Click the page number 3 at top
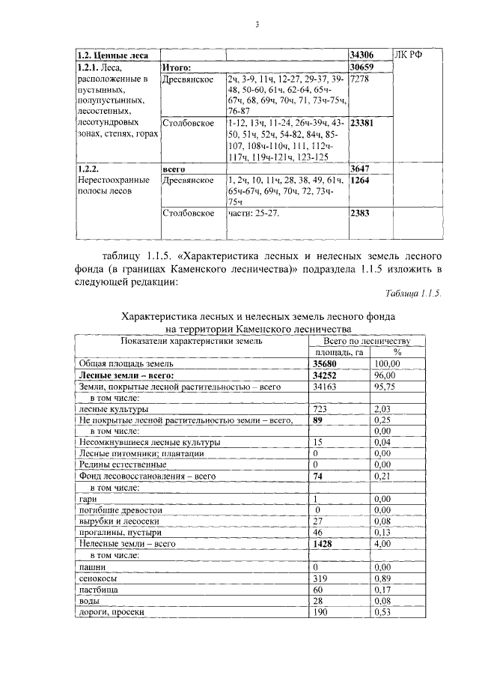pyautogui.click(x=256, y=25)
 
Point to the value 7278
pyautogui.click(x=360, y=79)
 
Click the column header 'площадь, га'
pyautogui.click(x=338, y=351)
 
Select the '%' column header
pyautogui.click(x=397, y=351)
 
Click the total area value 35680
pyautogui.click(x=326, y=363)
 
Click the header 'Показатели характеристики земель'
pyautogui.click(x=192, y=341)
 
